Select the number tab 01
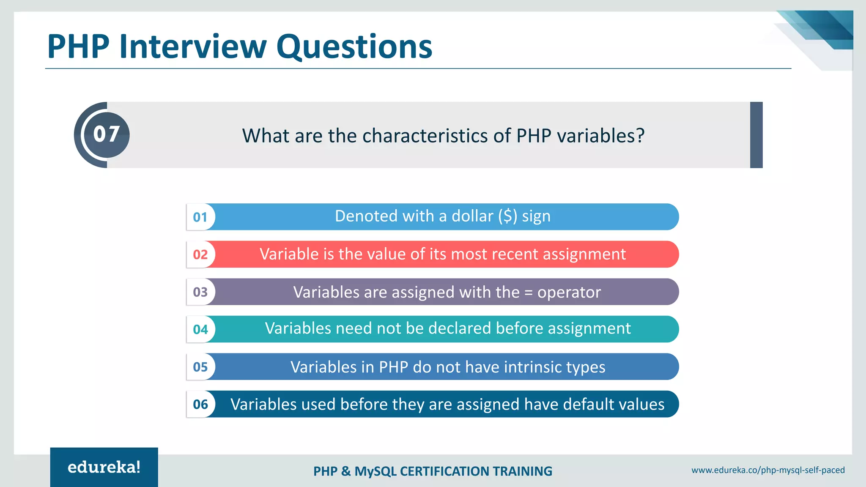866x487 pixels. pos(200,217)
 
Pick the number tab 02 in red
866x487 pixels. pos(200,254)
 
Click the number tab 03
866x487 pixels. pos(200,292)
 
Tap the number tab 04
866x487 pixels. pos(200,329)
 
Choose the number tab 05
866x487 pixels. pos(200,367)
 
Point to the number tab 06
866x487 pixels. pos(200,404)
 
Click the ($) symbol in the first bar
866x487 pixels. pos(507,216)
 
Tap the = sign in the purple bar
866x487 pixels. pos(528,293)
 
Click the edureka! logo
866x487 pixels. pos(104,467)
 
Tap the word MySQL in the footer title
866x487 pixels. pos(375,471)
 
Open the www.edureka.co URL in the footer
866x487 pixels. pos(768,470)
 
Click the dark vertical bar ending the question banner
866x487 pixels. pos(756,135)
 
